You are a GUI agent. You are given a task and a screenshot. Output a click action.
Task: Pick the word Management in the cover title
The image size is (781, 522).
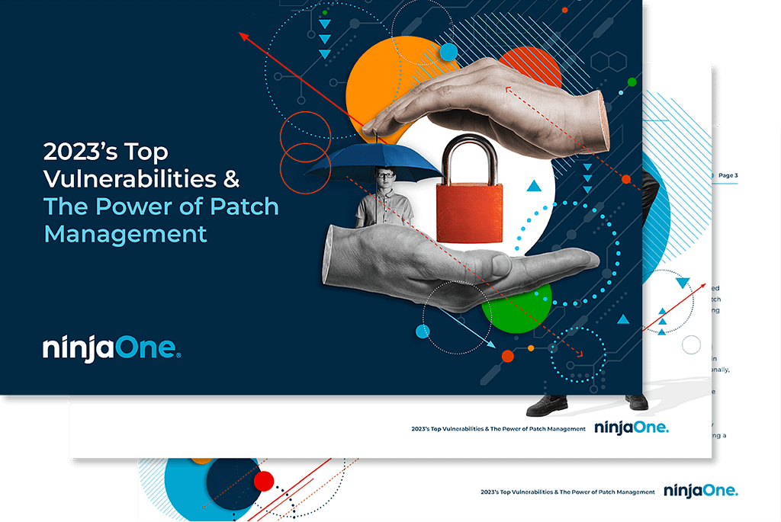(x=125, y=232)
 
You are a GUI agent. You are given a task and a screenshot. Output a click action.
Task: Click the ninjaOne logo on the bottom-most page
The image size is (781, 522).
(x=700, y=490)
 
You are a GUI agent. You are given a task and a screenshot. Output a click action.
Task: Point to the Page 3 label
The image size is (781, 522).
(x=728, y=175)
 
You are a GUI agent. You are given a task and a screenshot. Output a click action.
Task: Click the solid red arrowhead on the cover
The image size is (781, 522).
(x=245, y=35)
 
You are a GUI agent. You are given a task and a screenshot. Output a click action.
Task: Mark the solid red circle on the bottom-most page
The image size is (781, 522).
(x=264, y=480)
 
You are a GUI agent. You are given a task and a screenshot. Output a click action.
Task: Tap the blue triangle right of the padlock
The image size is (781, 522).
(x=534, y=185)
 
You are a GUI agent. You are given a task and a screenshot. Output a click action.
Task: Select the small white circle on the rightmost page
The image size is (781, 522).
(x=691, y=345)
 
